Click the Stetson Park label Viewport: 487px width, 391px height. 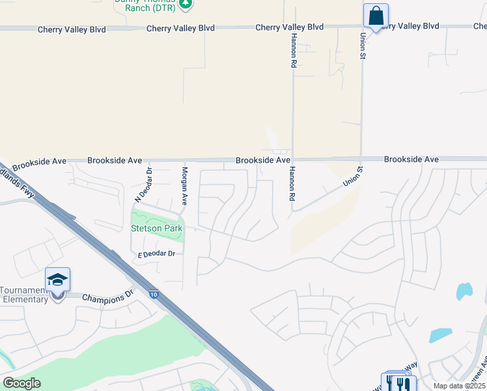coord(158,228)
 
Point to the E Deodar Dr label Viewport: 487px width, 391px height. coord(156,253)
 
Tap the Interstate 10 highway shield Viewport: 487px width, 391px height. coord(152,295)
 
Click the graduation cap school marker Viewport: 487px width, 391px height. coord(57,280)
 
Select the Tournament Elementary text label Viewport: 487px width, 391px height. coord(24,295)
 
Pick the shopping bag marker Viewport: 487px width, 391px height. coord(376,16)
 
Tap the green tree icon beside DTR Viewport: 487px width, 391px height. coord(186,3)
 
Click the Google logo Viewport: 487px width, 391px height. coord(22,383)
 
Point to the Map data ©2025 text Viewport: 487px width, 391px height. coord(458,386)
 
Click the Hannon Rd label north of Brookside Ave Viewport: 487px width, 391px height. coord(294,51)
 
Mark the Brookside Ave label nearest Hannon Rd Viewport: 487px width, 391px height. coord(262,160)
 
